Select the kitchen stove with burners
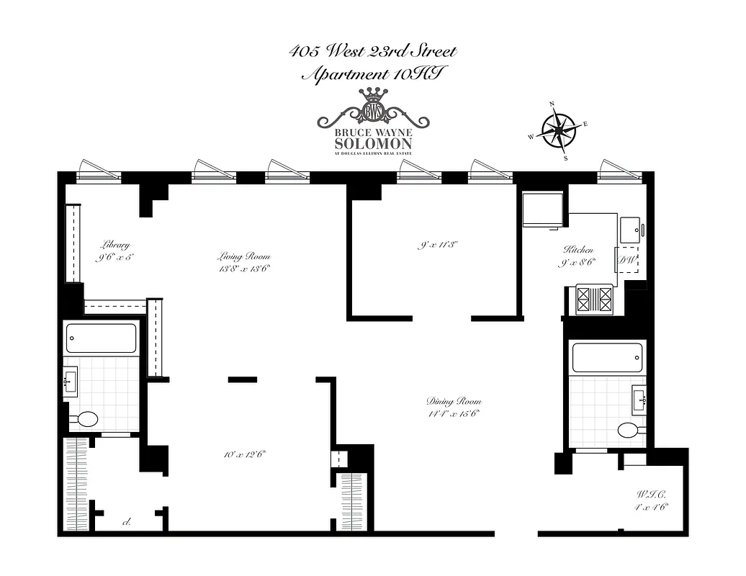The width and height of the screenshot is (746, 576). (593, 300)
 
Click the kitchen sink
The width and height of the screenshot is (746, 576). (633, 230)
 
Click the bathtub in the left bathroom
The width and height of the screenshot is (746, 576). (101, 338)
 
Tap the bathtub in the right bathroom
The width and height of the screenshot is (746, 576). (606, 356)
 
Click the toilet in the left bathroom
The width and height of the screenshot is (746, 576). (88, 420)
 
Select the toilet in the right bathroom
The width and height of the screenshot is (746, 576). (629, 430)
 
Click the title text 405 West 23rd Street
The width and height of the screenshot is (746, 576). (372, 52)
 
